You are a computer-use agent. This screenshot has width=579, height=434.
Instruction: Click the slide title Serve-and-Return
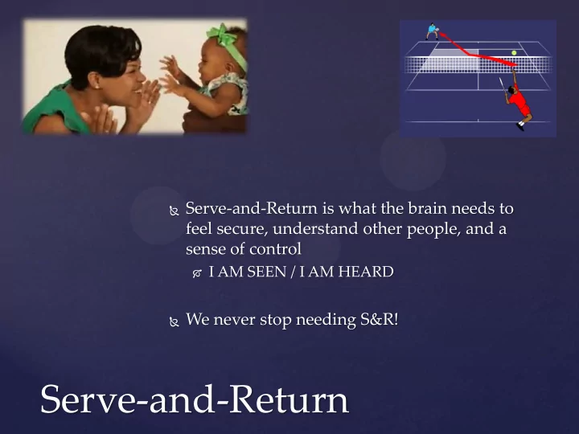click(195, 399)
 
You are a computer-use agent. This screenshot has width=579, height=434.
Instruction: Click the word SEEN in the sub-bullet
click(267, 272)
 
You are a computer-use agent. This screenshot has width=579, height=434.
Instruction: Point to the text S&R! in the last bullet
click(380, 319)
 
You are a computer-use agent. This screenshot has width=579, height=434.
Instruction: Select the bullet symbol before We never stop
click(174, 321)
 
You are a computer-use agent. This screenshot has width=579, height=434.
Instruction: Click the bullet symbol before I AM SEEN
click(197, 273)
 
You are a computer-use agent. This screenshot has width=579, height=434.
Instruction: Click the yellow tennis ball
click(514, 53)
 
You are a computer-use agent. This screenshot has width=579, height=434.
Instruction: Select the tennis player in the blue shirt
click(432, 31)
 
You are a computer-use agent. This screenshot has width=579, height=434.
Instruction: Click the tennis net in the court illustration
click(478, 64)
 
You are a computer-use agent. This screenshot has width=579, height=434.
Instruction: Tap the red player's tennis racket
click(503, 85)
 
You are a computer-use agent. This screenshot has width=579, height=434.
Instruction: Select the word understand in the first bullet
click(315, 229)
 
